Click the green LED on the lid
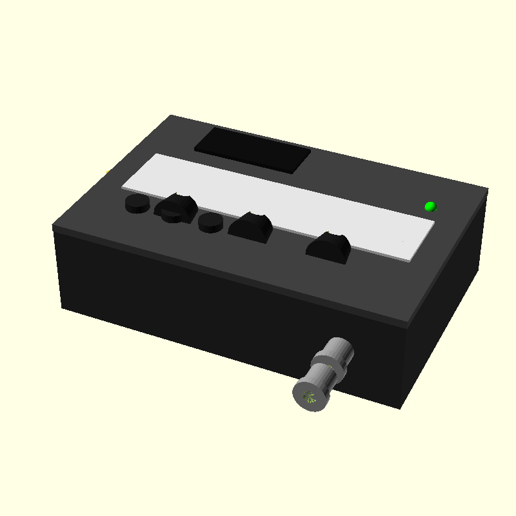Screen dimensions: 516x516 click(x=430, y=206)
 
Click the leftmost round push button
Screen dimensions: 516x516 click(x=136, y=204)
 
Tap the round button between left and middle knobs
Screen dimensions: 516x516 click(x=210, y=223)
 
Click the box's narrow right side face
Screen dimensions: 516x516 click(x=445, y=303)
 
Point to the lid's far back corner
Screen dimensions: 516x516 click(x=172, y=116)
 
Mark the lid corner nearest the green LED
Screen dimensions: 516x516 click(x=487, y=189)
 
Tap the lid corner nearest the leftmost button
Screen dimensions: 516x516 click(x=54, y=226)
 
